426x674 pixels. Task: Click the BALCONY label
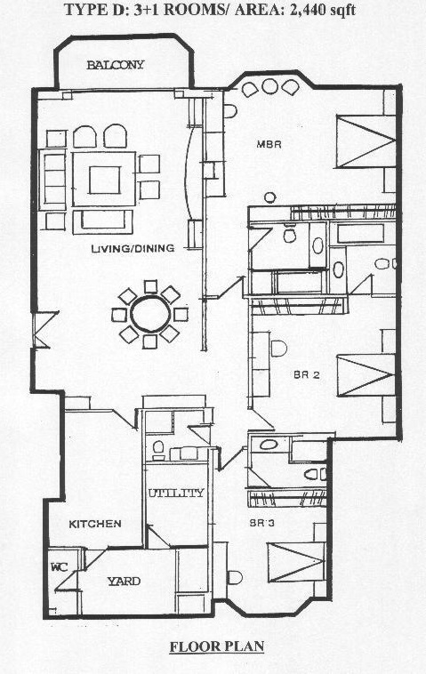pos(116,65)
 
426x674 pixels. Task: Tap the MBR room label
pos(269,144)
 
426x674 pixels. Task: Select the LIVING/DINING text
pos(133,248)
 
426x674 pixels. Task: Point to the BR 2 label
pos(307,375)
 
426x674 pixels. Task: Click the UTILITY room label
pos(176,493)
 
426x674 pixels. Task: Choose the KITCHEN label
pos(95,524)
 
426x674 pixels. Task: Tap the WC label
pos(60,567)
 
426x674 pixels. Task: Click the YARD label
pos(124,582)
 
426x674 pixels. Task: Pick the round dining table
pos(150,313)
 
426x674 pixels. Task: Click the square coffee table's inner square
pos(104,181)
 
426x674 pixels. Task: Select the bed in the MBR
pos(366,141)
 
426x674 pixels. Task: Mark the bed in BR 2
pos(366,375)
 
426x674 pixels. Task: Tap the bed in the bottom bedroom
pos(296,562)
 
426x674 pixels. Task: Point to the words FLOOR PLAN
pos(217,646)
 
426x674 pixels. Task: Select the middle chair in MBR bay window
pos(270,86)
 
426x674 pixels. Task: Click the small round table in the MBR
pos(269,197)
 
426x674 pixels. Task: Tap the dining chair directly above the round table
pos(150,286)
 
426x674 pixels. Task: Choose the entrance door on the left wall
pos(45,329)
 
